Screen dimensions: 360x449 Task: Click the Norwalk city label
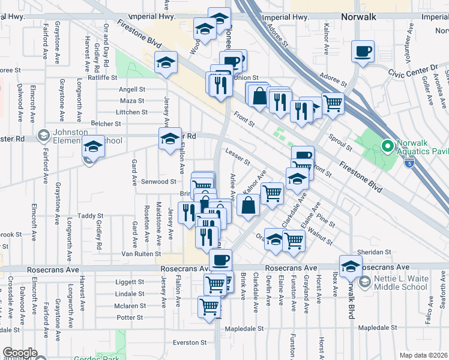(358, 17)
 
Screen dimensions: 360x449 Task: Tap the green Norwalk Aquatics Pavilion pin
(387, 145)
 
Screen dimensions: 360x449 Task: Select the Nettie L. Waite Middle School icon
(364, 281)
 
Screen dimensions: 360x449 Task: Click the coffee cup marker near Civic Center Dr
(362, 52)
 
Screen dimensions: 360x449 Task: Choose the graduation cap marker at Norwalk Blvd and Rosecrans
(350, 266)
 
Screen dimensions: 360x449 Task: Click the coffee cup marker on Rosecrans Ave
(220, 260)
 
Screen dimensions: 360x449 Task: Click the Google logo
(20, 353)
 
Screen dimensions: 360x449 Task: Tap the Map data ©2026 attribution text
(423, 355)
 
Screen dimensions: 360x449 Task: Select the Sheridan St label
(375, 253)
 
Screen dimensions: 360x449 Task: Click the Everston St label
(189, 343)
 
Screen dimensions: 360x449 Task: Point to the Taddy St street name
(91, 216)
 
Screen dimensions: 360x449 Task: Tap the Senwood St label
(158, 181)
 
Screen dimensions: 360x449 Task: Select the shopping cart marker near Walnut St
(294, 239)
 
